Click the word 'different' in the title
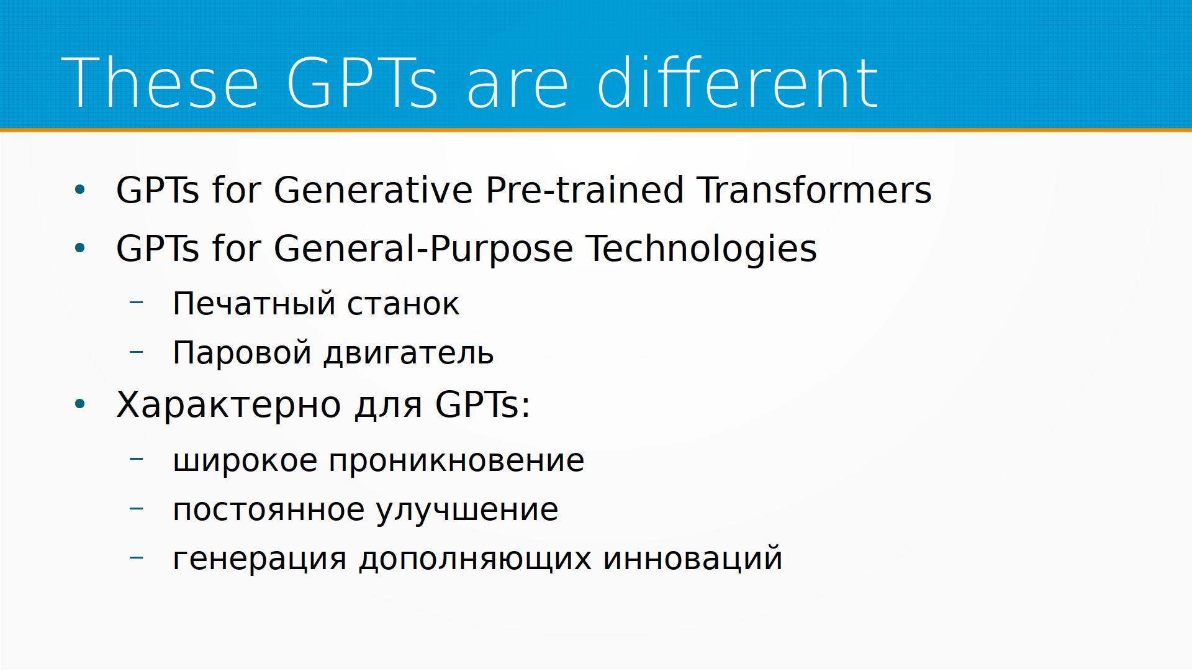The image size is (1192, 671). click(738, 82)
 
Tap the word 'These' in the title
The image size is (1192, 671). click(160, 83)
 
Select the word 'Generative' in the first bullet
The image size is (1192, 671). click(373, 190)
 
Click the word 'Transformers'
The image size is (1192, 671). click(814, 190)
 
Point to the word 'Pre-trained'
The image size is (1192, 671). click(585, 190)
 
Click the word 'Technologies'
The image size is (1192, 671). click(702, 249)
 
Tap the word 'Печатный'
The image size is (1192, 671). click(254, 304)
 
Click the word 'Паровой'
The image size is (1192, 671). click(242, 352)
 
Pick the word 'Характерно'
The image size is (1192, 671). click(228, 406)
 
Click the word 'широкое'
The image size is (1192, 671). click(245, 461)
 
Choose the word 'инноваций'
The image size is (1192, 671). click(692, 557)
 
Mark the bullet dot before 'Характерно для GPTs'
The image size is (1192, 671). click(79, 404)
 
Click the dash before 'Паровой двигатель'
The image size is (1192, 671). click(137, 352)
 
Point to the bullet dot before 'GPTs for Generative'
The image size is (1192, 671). click(79, 189)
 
